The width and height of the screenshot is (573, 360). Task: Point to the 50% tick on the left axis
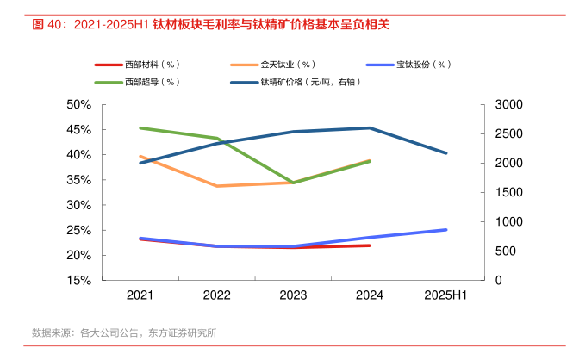78,104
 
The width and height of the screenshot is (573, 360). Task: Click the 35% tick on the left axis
78,180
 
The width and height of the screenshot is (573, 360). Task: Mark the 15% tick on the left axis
78,281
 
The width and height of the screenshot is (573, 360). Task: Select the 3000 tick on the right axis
510,104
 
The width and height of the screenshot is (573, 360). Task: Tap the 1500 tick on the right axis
510,192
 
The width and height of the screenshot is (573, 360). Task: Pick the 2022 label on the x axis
216,295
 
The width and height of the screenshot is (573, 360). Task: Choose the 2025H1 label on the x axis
446,295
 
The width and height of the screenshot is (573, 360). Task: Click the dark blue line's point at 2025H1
446,153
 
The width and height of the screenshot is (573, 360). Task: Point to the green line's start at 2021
140,128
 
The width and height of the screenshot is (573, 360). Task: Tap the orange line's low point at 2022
216,186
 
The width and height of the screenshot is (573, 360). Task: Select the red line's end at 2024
370,245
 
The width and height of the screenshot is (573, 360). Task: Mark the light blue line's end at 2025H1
446,230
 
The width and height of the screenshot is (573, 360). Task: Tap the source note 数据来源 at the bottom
51,332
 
